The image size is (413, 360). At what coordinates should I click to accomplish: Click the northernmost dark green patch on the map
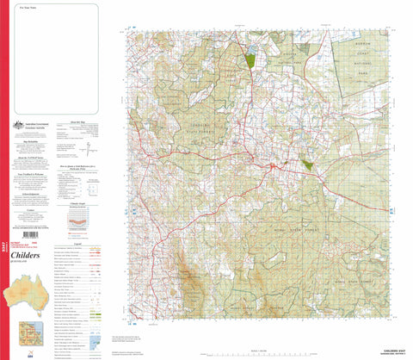[250, 60]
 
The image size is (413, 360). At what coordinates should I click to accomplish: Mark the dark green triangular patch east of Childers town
[308, 163]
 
